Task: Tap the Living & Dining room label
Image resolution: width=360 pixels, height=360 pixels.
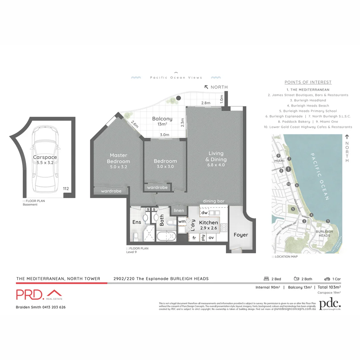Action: (x=216, y=156)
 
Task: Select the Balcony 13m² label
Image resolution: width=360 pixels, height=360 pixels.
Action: (x=162, y=121)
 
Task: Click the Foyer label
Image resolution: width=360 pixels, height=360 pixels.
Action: (x=241, y=235)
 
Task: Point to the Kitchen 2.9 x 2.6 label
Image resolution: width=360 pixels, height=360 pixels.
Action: (x=208, y=225)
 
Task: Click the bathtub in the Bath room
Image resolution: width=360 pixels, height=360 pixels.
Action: (x=166, y=237)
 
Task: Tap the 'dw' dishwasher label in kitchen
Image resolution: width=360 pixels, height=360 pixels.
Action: (x=205, y=213)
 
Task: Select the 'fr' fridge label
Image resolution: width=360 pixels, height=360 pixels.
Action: (x=194, y=238)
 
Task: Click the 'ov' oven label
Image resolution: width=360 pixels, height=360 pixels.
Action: (x=211, y=238)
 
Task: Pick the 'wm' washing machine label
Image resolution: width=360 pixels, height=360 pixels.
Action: (x=182, y=221)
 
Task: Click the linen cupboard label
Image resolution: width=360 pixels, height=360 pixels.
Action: (x=179, y=210)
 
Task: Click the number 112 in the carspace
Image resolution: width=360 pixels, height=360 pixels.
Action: (x=66, y=189)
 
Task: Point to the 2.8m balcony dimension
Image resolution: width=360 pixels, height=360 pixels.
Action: (x=206, y=103)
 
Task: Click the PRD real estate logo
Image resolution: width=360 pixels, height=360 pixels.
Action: (x=39, y=295)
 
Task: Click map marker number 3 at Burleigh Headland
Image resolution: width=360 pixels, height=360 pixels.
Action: (x=328, y=221)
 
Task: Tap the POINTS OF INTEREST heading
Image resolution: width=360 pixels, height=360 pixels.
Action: (x=308, y=82)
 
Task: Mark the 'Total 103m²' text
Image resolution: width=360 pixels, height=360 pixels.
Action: (x=329, y=287)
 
